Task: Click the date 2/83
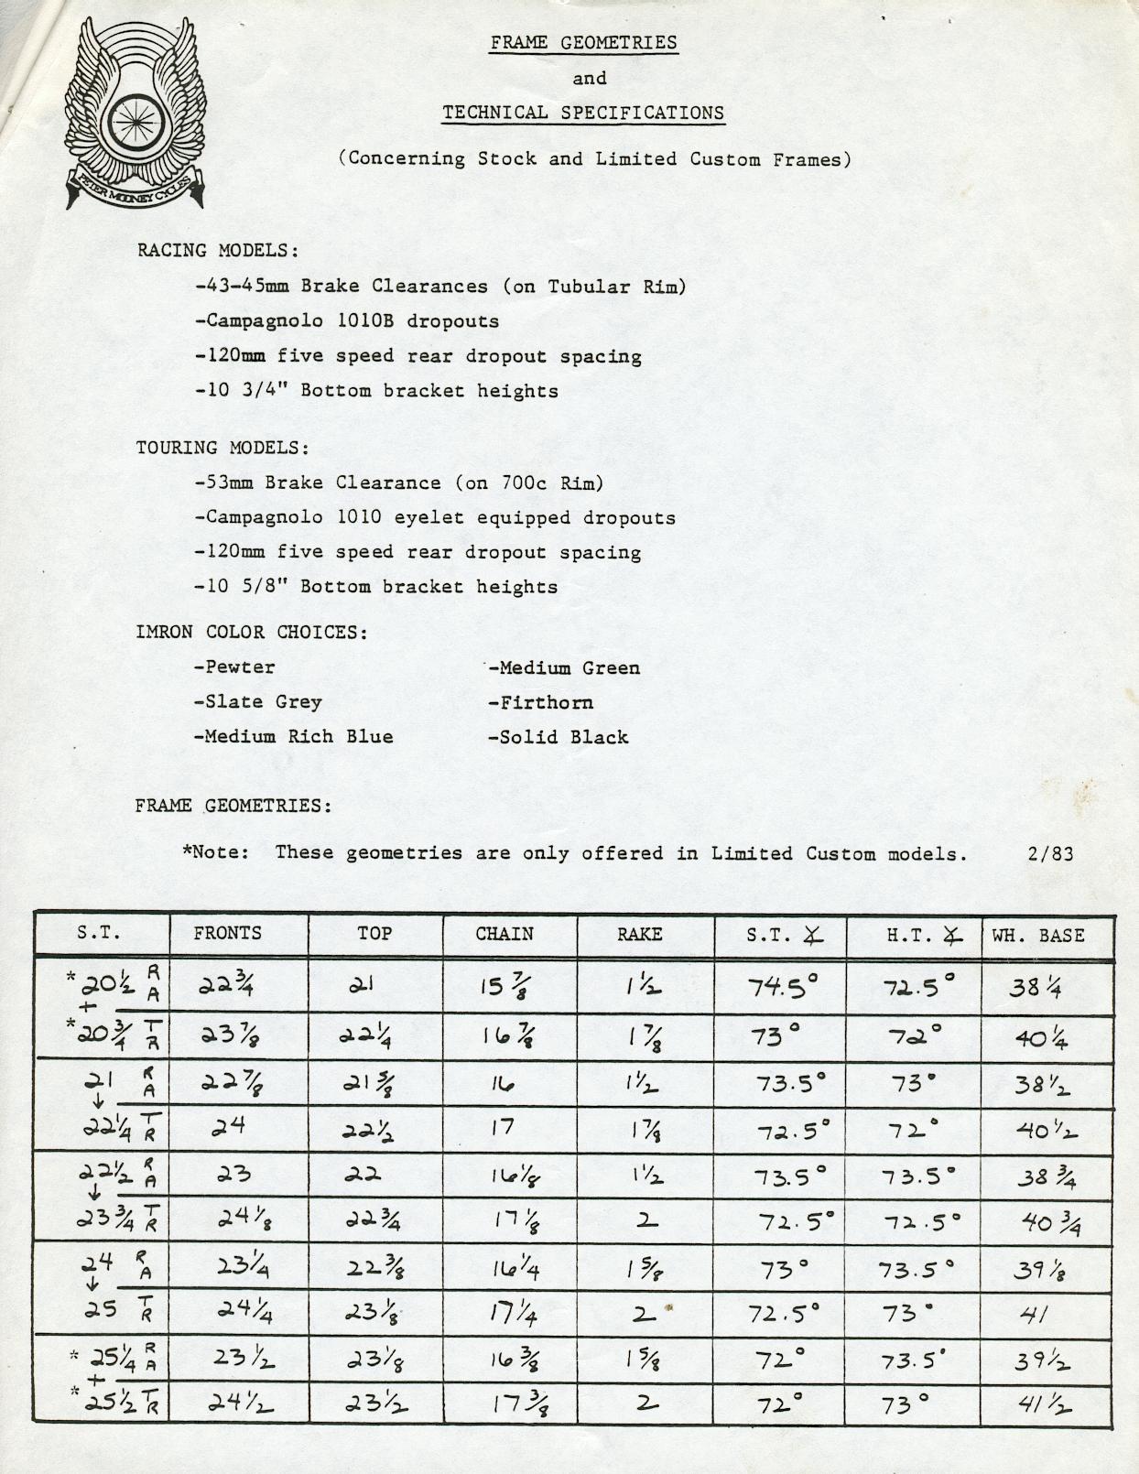click(1050, 853)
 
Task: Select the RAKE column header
click(639, 935)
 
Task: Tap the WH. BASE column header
click(1038, 936)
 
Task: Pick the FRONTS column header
click(227, 933)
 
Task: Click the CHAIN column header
click(504, 934)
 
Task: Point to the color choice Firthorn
click(540, 702)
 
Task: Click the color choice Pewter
click(234, 667)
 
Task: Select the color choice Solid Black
click(558, 737)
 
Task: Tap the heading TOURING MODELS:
click(222, 448)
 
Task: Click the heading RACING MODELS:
click(218, 251)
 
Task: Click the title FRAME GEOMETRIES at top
click(583, 43)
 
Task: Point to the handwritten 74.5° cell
click(783, 986)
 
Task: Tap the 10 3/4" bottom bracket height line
click(376, 391)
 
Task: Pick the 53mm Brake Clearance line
click(399, 482)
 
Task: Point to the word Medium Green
click(564, 667)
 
